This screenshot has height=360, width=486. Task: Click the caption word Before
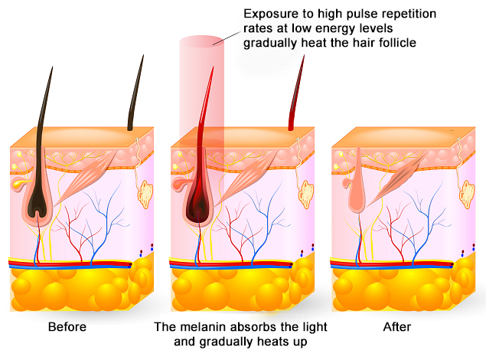click(x=67, y=328)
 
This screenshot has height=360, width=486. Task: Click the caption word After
click(x=398, y=328)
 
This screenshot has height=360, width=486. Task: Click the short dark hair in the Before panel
click(x=136, y=96)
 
